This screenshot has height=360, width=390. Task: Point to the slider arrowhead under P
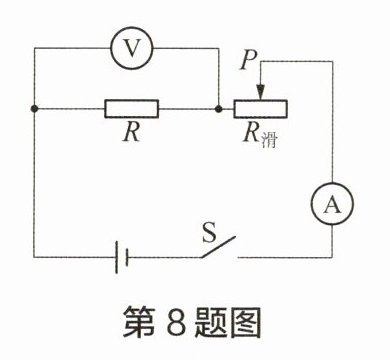(260, 92)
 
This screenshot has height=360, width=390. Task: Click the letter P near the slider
(249, 61)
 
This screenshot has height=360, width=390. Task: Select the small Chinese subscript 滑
(269, 140)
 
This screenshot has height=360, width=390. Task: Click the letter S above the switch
(210, 232)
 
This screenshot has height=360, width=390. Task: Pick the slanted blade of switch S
(218, 247)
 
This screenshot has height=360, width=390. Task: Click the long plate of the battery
(117, 257)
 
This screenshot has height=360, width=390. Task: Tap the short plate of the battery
(126, 257)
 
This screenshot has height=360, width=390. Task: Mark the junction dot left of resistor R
(34, 109)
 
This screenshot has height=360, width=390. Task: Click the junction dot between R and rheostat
(219, 109)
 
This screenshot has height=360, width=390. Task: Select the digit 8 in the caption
(176, 321)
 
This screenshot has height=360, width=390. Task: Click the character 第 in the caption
(139, 321)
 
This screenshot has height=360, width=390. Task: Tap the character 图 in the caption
(245, 321)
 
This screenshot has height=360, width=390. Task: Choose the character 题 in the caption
(210, 321)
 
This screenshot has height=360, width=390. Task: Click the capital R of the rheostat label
(252, 132)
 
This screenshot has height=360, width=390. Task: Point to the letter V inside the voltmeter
(132, 48)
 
